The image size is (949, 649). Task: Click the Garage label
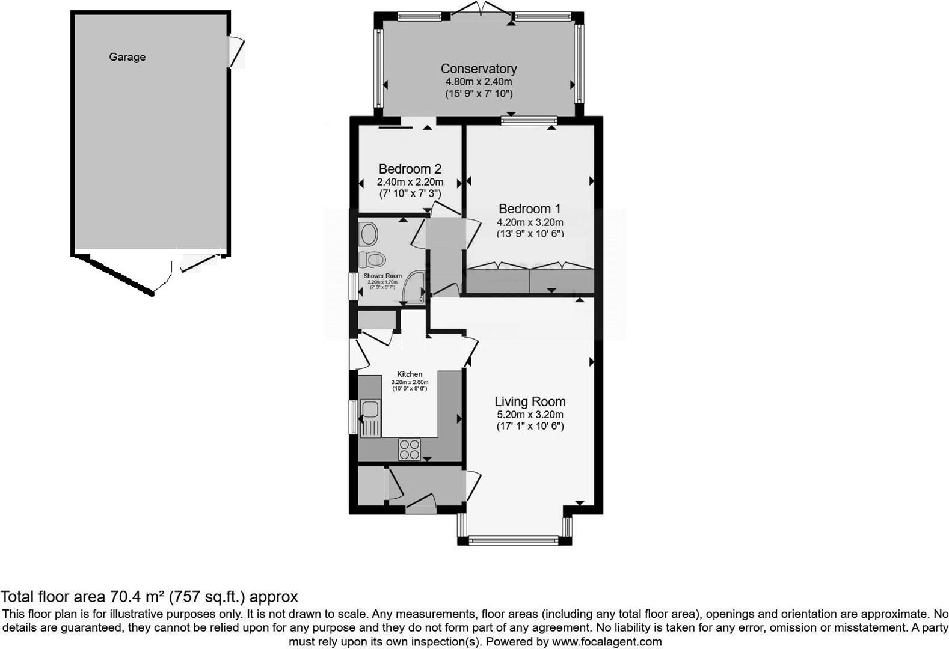point(127,57)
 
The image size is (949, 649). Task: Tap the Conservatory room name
point(478,69)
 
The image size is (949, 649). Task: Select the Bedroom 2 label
point(410,169)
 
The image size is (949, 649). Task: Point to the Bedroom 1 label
point(529,209)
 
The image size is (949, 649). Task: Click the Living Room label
point(530,401)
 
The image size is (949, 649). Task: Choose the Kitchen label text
point(410,374)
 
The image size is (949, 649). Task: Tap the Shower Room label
point(382,276)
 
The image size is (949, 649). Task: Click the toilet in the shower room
point(372,260)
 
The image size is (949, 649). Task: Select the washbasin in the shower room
point(368,234)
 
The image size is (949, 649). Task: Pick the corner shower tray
point(415,288)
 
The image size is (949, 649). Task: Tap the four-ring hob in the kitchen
point(410,449)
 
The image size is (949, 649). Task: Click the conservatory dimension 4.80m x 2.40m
point(478,82)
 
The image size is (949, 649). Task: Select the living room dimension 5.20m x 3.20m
point(530,415)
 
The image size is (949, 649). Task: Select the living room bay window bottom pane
point(514,541)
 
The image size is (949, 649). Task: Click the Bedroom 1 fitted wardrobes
point(530,280)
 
